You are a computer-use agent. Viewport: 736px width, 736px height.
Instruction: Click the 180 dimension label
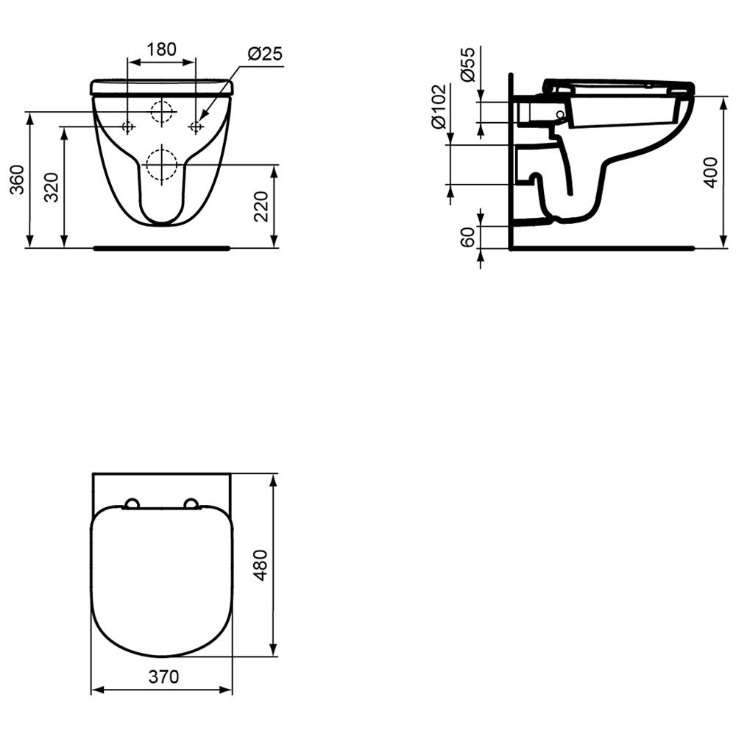pyautogui.click(x=161, y=49)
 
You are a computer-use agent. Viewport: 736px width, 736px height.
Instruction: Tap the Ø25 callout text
pyautogui.click(x=265, y=54)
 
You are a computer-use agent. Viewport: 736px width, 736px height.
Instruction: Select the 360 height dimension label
pyautogui.click(x=18, y=180)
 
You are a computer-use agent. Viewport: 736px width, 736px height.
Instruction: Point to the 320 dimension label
pyautogui.click(x=52, y=187)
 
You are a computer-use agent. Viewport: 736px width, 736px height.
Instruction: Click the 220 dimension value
pyautogui.click(x=261, y=206)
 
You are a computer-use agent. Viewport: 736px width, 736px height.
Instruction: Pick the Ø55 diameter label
pyautogui.click(x=468, y=64)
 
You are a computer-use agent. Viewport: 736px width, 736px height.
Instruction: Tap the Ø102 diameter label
pyautogui.click(x=439, y=106)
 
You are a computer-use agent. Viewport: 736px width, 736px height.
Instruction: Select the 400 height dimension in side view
pyautogui.click(x=712, y=172)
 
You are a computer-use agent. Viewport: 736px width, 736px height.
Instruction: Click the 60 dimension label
pyautogui.click(x=468, y=237)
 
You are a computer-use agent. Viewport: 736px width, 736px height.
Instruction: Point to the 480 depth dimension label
pyautogui.click(x=261, y=565)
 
